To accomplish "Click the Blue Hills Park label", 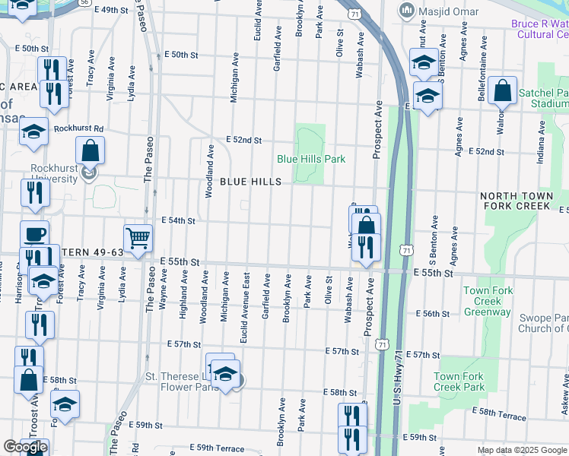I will coord(311,159).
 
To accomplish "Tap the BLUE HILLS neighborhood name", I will coord(251,182).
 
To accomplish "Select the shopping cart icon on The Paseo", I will coord(138,239).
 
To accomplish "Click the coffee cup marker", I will coord(33,234).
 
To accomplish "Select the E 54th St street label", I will coord(178,220).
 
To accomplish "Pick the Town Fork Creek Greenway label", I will coord(488,301).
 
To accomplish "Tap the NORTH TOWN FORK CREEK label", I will coord(515,201).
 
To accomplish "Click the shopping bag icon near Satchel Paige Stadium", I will coord(503,91).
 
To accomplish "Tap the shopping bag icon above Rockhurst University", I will coord(90,150).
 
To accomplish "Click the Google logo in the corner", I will coord(24,447).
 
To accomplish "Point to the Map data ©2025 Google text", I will coord(521,450).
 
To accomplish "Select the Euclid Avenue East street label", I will coord(244,308).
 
